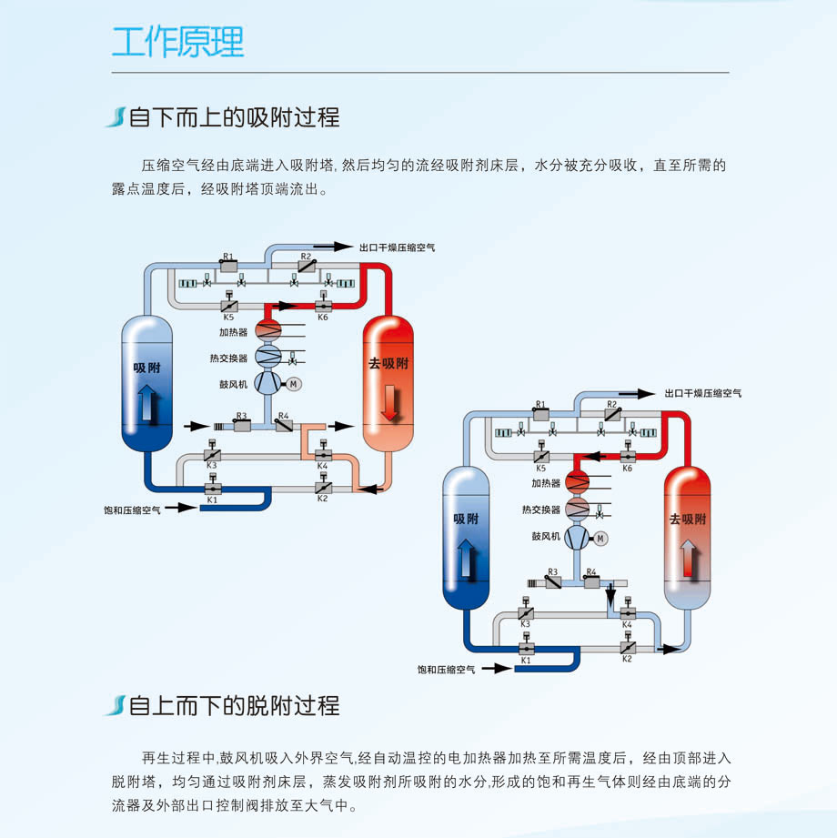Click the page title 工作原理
coord(178,42)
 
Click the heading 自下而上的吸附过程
coord(234,117)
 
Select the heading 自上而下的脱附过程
coord(234,705)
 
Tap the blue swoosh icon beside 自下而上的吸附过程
coord(115,117)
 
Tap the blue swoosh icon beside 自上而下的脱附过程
coord(115,705)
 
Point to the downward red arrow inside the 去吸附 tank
coord(389,403)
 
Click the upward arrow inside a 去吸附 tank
coord(689,557)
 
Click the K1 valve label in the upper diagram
coord(212,500)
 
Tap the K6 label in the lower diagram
coord(627,468)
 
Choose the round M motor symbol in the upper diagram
coord(294,385)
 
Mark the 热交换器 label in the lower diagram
coord(541,510)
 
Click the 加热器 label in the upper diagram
coord(233,332)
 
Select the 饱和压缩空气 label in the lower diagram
coord(447,670)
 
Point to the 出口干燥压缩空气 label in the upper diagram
coord(397,247)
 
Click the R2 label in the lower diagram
coord(611,403)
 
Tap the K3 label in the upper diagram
coord(211,466)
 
